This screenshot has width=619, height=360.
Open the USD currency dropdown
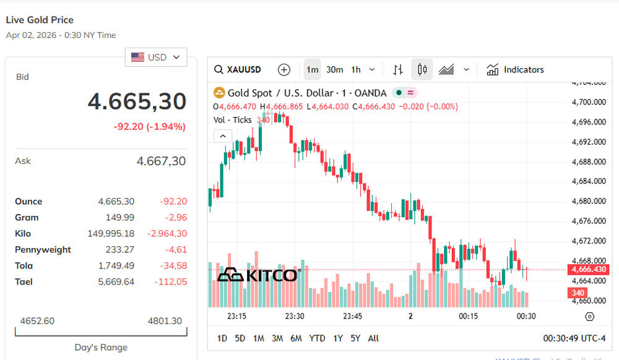[x=156, y=58]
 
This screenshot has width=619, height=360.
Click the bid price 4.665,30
[x=137, y=101]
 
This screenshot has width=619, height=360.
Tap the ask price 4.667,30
[x=161, y=161]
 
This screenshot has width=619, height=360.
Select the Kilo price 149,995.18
[x=111, y=234]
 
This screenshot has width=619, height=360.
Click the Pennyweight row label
[x=43, y=250]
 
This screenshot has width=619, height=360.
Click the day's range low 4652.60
[x=37, y=321]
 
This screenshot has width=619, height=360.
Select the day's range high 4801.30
[x=165, y=321]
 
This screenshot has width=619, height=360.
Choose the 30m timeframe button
[x=335, y=70]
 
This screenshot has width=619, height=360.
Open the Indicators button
[x=515, y=70]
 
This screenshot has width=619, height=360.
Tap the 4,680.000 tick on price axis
[x=588, y=201]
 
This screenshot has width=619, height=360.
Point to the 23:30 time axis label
[x=295, y=316]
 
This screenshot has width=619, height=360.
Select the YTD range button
[x=317, y=338]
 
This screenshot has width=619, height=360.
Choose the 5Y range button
[x=355, y=338]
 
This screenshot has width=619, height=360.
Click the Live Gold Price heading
[x=40, y=20]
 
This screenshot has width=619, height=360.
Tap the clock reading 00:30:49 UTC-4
[x=574, y=338]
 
